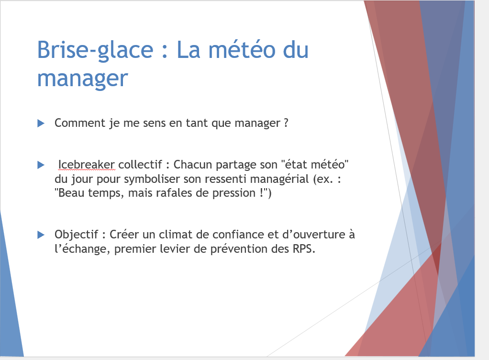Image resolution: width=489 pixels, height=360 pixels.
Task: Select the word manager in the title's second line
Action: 83,79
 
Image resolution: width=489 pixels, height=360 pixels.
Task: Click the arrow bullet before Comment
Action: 41,123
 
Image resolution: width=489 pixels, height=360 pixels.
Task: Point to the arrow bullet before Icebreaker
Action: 41,165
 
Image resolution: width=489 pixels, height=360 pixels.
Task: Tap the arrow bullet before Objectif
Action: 41,235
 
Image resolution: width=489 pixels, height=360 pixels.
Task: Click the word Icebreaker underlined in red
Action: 87,164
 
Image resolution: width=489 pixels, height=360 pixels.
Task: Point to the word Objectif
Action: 77,235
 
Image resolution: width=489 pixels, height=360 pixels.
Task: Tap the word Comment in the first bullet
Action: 80,123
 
